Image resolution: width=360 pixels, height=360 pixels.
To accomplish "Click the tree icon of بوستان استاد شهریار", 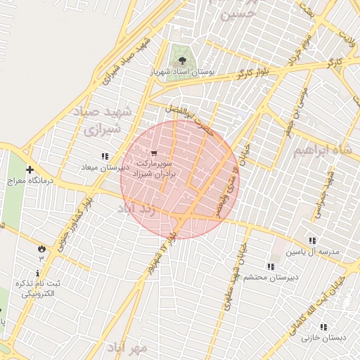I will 183,61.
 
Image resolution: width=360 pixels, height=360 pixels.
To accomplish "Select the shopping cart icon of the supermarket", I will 154,152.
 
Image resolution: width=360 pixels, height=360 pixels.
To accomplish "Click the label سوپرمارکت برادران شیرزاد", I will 154,167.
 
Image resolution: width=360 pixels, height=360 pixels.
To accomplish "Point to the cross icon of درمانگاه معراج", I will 30,169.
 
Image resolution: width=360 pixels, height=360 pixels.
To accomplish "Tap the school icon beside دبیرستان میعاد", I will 105,156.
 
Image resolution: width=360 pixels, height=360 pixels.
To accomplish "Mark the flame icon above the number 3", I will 41,248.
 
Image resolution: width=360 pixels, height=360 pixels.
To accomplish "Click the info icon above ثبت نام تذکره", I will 37,273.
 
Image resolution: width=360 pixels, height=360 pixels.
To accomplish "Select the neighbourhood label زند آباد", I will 136,209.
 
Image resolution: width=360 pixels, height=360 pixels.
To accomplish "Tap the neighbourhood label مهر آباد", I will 127,347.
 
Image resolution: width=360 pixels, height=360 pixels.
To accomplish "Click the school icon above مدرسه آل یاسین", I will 311,240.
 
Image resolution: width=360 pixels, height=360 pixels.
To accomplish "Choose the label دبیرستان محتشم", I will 270,277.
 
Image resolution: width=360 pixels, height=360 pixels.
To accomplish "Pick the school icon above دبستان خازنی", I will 323,327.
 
